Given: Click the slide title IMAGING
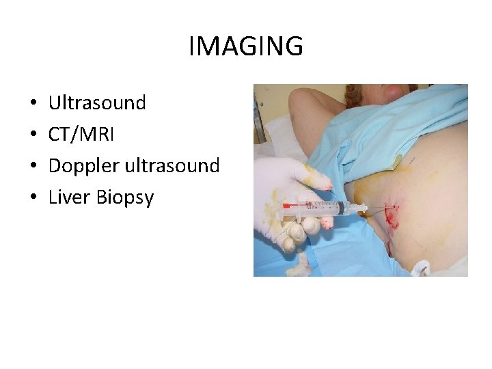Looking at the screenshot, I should pyautogui.click(x=246, y=46).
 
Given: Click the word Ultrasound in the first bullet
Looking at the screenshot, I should pyautogui.click(x=97, y=103).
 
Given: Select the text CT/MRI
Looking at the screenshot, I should pyautogui.click(x=81, y=135).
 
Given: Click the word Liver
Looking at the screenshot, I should pyautogui.click(x=70, y=197).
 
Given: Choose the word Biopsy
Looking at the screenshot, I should pyautogui.click(x=125, y=198).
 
